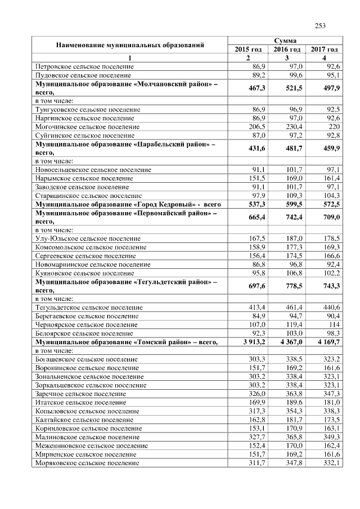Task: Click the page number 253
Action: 320,25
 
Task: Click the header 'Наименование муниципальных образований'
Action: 129,44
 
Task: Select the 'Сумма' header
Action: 285,40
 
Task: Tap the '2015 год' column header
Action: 248,49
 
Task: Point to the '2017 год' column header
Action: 325,49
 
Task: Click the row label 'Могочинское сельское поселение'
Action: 87,127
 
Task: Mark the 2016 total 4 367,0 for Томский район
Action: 290,341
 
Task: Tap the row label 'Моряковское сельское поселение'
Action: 87,462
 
